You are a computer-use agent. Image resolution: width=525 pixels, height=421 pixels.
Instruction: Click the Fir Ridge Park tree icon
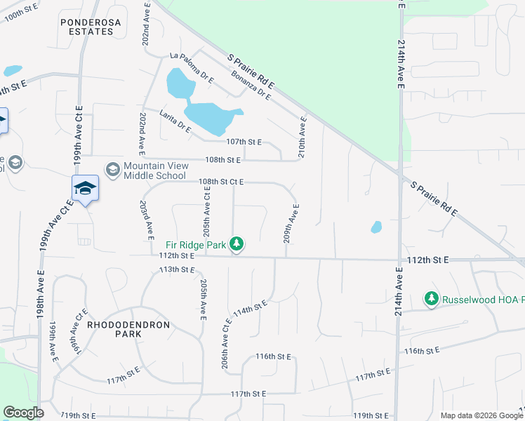tap(238, 244)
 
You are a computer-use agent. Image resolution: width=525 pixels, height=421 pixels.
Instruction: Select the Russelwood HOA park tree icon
tap(431, 300)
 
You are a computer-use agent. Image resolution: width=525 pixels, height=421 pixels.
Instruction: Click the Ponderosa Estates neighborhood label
tap(87, 27)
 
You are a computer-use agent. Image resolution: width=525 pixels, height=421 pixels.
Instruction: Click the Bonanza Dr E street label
tap(251, 84)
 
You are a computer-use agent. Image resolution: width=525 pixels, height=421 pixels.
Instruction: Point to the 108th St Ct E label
tap(220, 182)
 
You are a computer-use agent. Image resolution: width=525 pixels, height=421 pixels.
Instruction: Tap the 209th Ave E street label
tap(291, 224)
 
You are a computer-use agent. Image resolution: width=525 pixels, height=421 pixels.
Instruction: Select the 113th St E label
tap(176, 269)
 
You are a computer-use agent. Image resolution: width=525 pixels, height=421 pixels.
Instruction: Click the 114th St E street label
tap(251, 309)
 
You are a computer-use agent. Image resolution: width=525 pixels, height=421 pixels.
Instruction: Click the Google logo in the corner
tap(23, 413)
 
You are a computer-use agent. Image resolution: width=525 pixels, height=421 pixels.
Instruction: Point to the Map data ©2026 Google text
tap(480, 415)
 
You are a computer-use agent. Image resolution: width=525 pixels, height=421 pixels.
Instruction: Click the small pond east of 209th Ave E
tap(376, 227)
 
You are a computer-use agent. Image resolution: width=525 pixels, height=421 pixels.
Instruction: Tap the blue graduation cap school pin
tap(85, 189)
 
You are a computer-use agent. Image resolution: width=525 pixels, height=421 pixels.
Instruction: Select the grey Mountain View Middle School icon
tap(112, 170)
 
